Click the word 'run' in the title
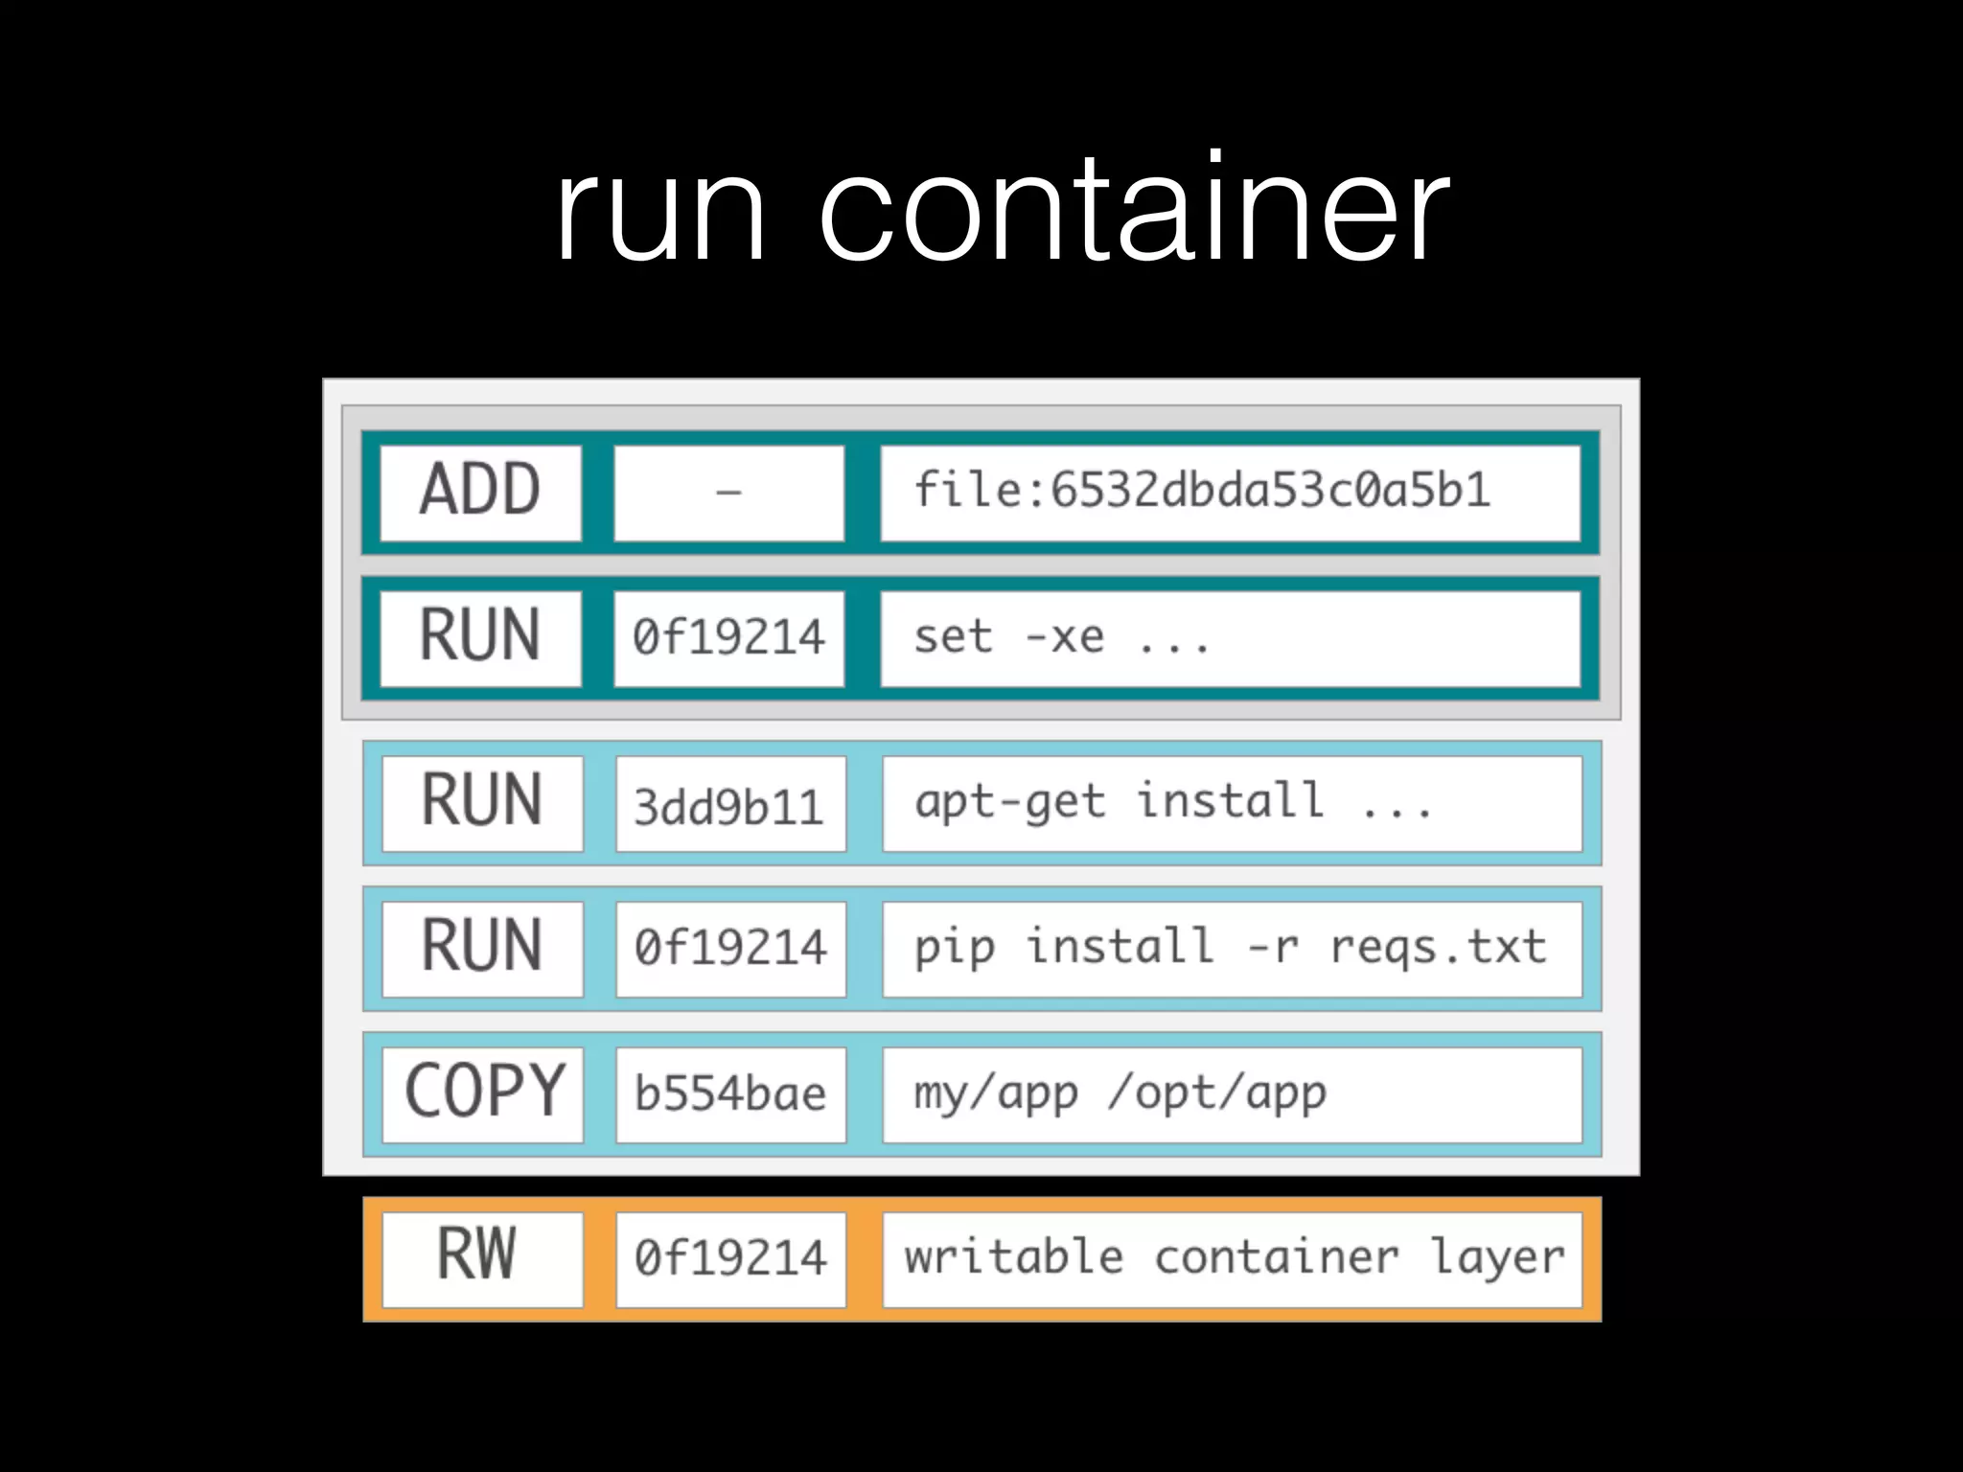[x=660, y=211]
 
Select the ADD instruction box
[x=480, y=493]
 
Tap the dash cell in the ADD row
[x=728, y=493]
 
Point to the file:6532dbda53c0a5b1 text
[x=1202, y=490]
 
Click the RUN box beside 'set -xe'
[x=480, y=637]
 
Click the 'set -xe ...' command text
[x=1062, y=637]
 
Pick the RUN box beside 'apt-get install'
[x=482, y=803]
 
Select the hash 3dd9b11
[x=729, y=805]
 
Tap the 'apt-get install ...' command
[x=1173, y=802]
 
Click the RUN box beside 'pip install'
[x=482, y=948]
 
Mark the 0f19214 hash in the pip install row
[x=730, y=949]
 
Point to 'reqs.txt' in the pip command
[x=1438, y=948]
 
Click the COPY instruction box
[x=483, y=1093]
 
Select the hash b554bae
[x=730, y=1094]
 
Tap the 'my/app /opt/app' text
[x=1120, y=1093]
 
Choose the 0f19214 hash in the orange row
[x=730, y=1258]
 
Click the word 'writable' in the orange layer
[x=1014, y=1257]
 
